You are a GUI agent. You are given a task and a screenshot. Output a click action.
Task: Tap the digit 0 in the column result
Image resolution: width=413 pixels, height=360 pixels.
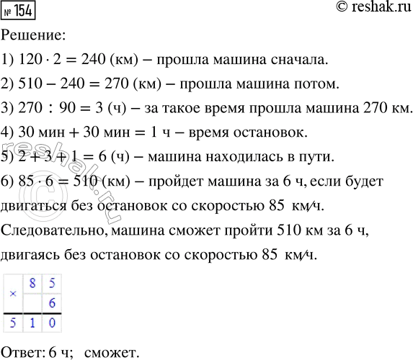coord(50,325)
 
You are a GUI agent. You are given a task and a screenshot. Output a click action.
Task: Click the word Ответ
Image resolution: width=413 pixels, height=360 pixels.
coord(21,351)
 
